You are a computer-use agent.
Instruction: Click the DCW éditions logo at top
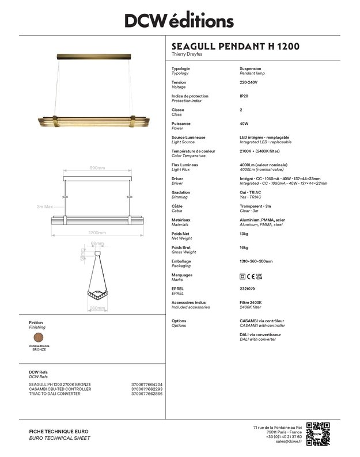tap(180, 21)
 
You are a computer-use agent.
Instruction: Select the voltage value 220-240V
tap(248, 82)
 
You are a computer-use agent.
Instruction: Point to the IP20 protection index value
tap(244, 96)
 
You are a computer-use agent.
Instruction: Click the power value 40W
tap(244, 124)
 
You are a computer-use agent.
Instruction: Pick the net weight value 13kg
tap(244, 234)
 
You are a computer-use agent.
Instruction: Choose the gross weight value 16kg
tap(244, 247)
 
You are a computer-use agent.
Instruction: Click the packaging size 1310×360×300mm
tap(256, 261)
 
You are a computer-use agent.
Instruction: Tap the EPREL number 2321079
tap(248, 289)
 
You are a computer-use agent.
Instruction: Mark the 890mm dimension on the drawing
tap(97, 168)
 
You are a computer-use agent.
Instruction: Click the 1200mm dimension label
tap(97, 233)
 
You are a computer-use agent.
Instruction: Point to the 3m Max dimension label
tap(45, 206)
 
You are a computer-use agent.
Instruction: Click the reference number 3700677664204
tap(147, 384)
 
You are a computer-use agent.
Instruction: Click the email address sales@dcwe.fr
tap(289, 441)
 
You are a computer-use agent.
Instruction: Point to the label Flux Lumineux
tap(185, 165)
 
